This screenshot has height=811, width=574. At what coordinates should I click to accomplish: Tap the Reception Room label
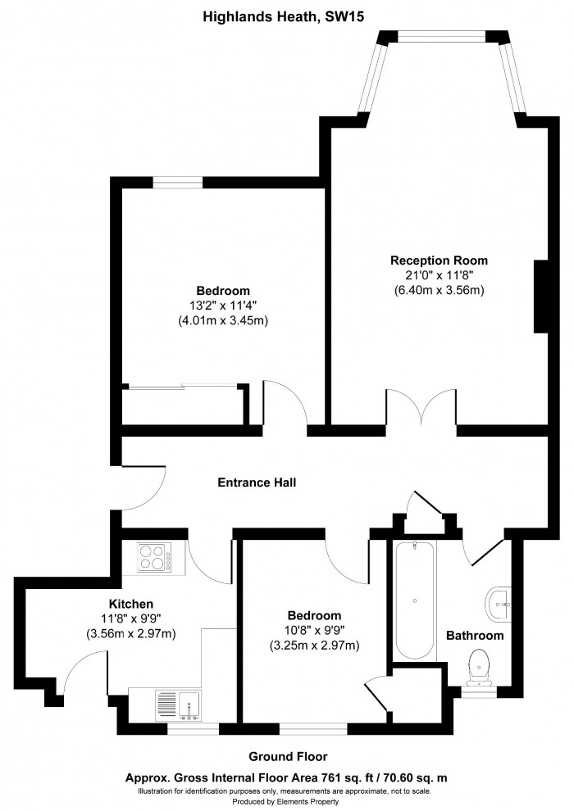pos(444,261)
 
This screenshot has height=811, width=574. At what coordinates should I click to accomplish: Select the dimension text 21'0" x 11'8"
pos(444,275)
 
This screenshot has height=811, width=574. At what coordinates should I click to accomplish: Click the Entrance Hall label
pos(257,483)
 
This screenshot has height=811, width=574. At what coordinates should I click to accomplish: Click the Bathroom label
pos(474,636)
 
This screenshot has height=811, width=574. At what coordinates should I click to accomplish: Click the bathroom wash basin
pos(498,604)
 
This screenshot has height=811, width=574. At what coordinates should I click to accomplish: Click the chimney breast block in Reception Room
pos(541,297)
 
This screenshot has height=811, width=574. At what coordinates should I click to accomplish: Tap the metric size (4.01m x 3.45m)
pos(223,320)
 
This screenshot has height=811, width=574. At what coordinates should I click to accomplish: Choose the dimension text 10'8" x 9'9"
pos(314,631)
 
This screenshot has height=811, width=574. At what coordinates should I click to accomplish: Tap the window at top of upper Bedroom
pos(177,183)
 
